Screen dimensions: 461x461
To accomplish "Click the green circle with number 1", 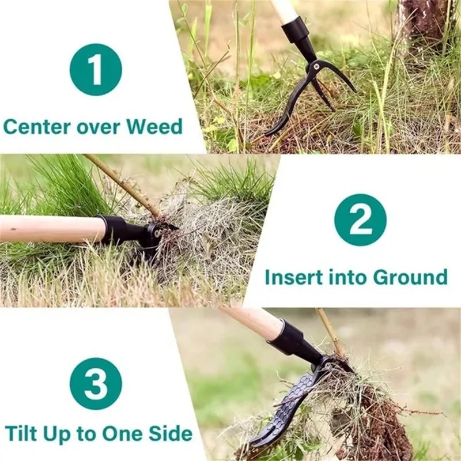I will pyautogui.click(x=96, y=69).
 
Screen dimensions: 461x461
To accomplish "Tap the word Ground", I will pyautogui.click(x=410, y=277).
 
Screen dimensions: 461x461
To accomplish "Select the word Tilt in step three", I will pyautogui.click(x=22, y=433).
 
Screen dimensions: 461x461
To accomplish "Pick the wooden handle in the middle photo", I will pyautogui.click(x=49, y=229).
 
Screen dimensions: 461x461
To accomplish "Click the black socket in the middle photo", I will pyautogui.click(x=121, y=230).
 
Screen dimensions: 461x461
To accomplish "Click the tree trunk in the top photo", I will pyautogui.click(x=424, y=23).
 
